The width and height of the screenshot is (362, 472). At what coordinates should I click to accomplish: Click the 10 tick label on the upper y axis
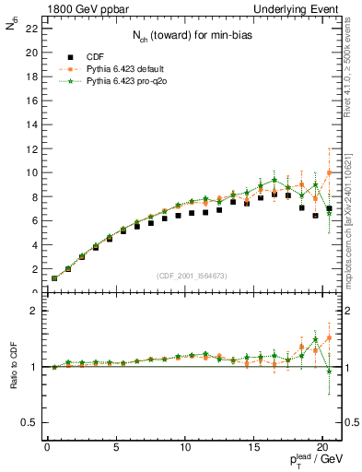(x=31, y=172)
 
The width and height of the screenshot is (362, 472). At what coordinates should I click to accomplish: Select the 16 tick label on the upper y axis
(x=31, y=100)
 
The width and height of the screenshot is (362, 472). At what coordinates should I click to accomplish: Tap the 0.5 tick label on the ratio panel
(x=30, y=422)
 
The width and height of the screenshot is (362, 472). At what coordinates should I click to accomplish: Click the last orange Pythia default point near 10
(x=330, y=172)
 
